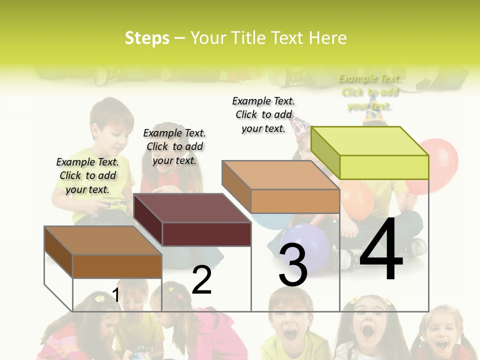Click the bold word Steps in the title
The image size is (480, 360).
point(147,38)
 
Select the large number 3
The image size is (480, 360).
point(293,265)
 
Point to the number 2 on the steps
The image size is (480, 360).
point(202,280)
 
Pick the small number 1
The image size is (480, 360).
point(116,295)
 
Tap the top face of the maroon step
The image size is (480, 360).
point(192,208)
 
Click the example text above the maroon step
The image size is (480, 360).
point(174,146)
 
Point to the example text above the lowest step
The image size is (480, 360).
point(87,175)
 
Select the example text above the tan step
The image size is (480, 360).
point(263,114)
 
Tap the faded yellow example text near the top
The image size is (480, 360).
point(369,92)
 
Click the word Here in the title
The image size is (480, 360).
point(327,38)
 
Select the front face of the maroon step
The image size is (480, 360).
point(206,234)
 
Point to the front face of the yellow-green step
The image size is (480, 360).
point(384,167)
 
